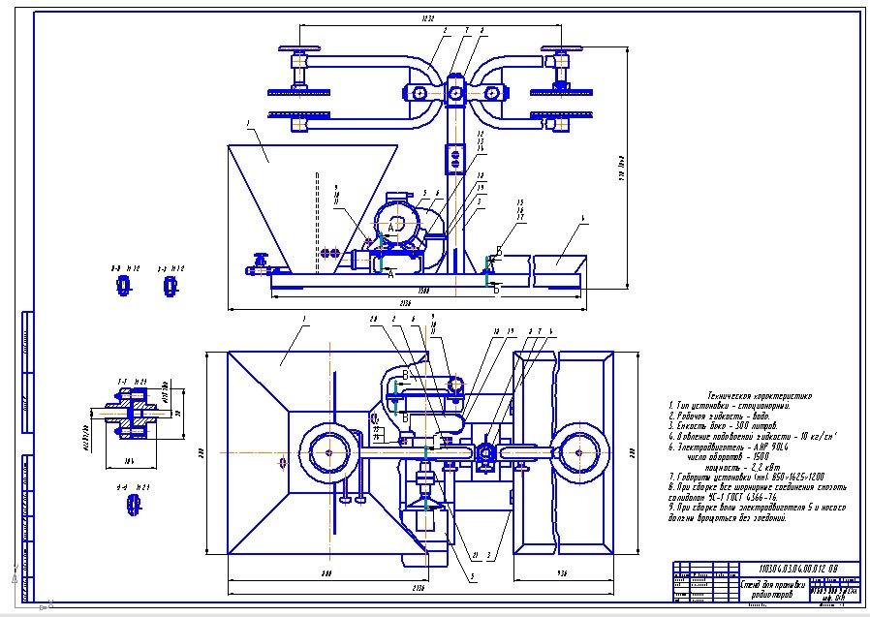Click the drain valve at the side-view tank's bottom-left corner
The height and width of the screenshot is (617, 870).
click(x=260, y=262)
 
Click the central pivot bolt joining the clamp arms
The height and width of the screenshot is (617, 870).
click(x=454, y=93)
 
